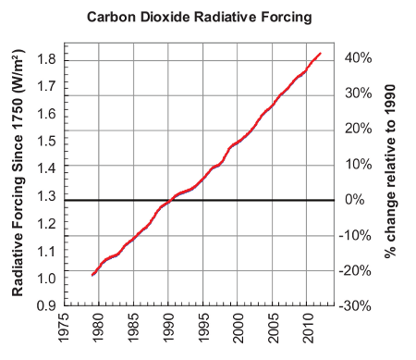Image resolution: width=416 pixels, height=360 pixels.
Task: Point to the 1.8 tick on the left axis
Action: point(48,59)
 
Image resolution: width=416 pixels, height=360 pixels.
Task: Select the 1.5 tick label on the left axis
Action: point(48,142)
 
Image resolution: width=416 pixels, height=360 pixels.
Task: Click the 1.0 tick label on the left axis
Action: point(48,279)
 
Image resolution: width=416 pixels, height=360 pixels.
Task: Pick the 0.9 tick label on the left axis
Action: point(48,305)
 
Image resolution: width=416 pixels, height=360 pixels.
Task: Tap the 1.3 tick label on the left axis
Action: point(48,196)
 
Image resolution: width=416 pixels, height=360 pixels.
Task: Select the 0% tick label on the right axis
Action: point(361,200)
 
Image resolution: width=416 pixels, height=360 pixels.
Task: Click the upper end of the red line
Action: point(320,54)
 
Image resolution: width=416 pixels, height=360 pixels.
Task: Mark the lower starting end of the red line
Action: point(92,275)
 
